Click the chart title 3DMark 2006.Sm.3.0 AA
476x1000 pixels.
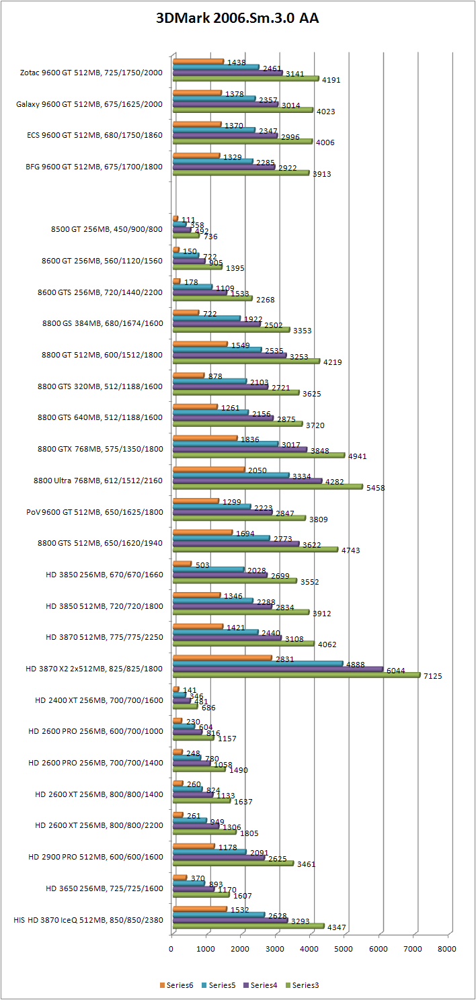(x=237, y=19)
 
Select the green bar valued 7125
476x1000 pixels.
(x=296, y=675)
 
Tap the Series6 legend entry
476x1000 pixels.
(x=176, y=985)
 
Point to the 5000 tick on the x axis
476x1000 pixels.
(x=344, y=949)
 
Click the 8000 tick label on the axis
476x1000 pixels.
(x=446, y=949)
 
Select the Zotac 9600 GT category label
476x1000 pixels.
(x=91, y=72)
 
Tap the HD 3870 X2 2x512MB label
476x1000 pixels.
(x=94, y=668)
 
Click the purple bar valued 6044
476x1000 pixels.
(x=278, y=669)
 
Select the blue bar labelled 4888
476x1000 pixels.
(x=257, y=663)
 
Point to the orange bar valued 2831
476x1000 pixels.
(x=222, y=658)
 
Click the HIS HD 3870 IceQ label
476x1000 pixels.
(x=88, y=919)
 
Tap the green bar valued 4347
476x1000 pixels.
(x=248, y=926)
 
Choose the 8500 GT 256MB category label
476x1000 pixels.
(x=106, y=229)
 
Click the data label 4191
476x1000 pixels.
(x=331, y=80)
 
